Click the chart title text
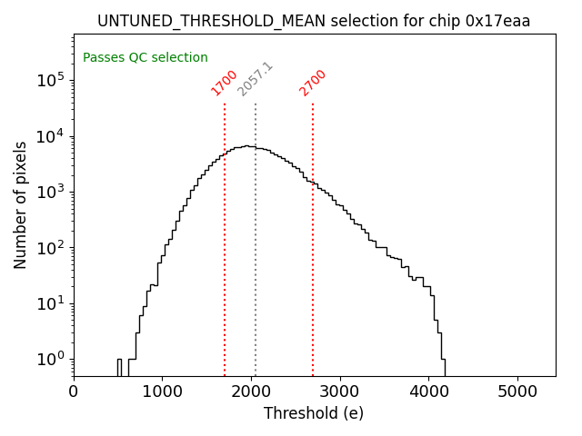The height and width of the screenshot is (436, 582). [314, 21]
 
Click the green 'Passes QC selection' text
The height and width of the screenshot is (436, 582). [145, 57]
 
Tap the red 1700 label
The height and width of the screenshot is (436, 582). [224, 83]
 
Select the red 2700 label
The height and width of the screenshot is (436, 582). [312, 83]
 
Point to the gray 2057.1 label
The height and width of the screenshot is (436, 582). [255, 80]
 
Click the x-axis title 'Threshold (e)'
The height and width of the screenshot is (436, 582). [314, 413]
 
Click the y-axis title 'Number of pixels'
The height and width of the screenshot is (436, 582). [21, 204]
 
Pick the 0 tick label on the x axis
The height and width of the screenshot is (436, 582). [74, 391]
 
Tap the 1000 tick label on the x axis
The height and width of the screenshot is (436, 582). [162, 391]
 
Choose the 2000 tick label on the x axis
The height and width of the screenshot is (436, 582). [251, 391]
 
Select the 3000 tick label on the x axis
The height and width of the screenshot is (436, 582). [340, 391]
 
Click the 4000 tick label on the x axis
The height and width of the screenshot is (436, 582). [429, 391]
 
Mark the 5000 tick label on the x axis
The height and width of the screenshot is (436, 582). [518, 391]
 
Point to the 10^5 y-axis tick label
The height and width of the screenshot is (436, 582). [50, 80]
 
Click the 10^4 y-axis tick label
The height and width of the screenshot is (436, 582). [50, 136]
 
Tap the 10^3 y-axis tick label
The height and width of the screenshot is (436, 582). [50, 192]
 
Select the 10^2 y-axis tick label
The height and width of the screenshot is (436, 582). [50, 247]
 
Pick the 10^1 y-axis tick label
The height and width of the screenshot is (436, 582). [50, 302]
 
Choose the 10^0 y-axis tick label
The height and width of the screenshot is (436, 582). [50, 359]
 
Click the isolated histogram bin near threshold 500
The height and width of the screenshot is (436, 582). [119, 367]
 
